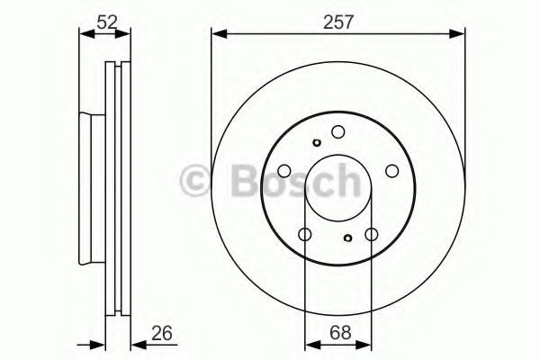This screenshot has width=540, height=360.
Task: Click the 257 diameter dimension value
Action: pos(338,22)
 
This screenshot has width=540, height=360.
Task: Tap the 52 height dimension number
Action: pos(107,22)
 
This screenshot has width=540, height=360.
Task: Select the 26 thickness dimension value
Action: pos(161,333)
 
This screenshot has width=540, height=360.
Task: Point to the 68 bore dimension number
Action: pos(340,333)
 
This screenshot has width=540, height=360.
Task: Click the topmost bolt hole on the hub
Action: pos(338,131)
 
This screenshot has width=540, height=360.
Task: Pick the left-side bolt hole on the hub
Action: pos(284,170)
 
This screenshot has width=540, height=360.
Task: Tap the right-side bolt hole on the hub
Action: pos(391,170)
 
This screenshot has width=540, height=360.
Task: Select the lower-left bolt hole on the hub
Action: pos(305,234)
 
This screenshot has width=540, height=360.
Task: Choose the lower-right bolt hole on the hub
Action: pos(372,234)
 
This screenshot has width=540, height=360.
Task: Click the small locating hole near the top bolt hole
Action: pos(317,142)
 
